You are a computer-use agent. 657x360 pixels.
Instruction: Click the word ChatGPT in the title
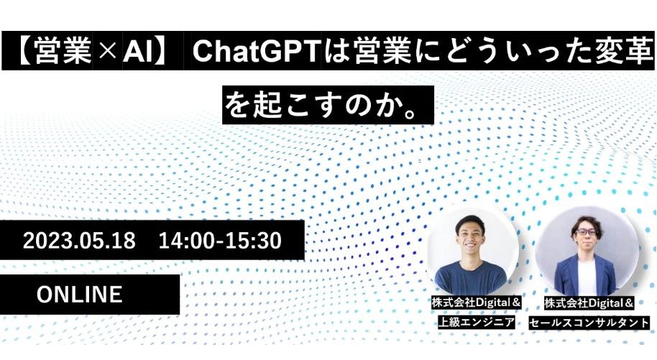coord(256,51)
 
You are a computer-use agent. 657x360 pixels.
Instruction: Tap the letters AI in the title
coord(138,51)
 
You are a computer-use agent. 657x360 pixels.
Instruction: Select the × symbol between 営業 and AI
coord(107,52)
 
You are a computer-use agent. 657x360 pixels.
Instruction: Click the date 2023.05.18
coord(79,241)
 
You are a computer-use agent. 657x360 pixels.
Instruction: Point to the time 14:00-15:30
coord(220,241)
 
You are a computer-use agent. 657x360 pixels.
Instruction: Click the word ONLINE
coord(80,294)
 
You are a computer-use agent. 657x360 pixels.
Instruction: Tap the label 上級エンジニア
coord(476,322)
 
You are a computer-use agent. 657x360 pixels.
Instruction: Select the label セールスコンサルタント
coord(589,323)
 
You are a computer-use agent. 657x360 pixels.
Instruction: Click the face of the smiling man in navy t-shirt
coord(471,236)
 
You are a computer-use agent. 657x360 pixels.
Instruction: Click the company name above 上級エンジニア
coord(476,303)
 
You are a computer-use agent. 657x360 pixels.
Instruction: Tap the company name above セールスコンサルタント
coord(589,303)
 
